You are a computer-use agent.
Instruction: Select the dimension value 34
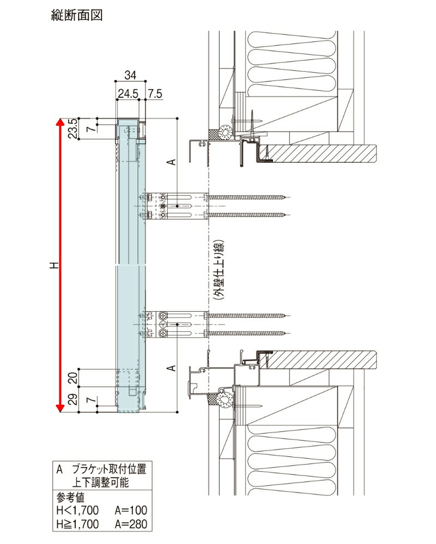130,75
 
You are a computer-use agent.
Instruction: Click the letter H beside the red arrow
53,265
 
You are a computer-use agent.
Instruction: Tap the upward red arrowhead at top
60,122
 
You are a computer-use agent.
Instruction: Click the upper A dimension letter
171,162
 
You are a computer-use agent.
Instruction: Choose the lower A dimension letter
171,368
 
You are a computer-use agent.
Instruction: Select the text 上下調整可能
101,482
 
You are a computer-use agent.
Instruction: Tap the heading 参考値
71,497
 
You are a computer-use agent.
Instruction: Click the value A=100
131,511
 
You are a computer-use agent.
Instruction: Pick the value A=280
131,524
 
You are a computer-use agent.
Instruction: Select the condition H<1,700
77,511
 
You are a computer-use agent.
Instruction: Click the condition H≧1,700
77,524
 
